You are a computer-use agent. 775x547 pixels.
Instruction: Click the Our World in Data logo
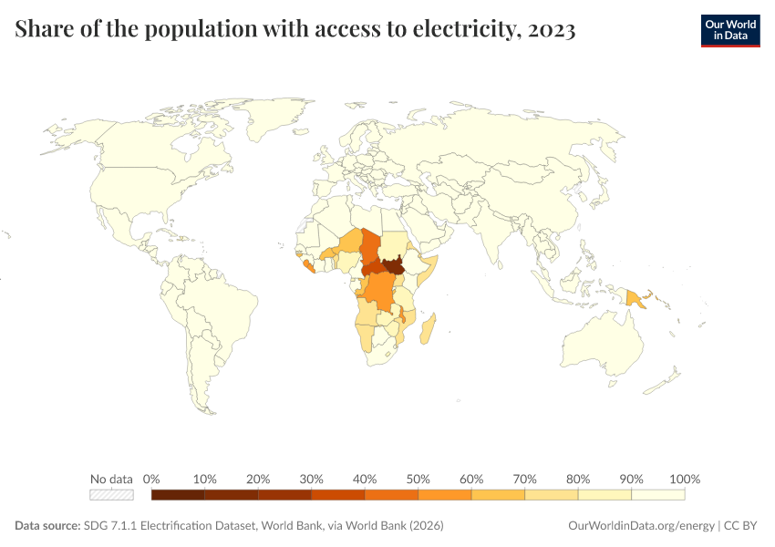(x=729, y=30)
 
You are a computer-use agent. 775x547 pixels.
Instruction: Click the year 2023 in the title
(x=551, y=30)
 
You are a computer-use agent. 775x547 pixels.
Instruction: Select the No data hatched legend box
(x=111, y=495)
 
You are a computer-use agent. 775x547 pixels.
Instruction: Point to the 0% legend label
(x=152, y=479)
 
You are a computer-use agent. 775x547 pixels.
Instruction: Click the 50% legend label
(x=418, y=479)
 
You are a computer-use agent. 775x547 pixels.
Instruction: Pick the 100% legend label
(x=684, y=479)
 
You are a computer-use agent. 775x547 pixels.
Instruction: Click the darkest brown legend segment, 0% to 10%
(x=178, y=495)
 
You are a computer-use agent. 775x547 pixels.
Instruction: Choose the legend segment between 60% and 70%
(x=498, y=495)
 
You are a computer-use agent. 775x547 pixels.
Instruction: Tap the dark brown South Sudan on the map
(x=393, y=266)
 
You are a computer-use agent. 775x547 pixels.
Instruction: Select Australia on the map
(x=602, y=351)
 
